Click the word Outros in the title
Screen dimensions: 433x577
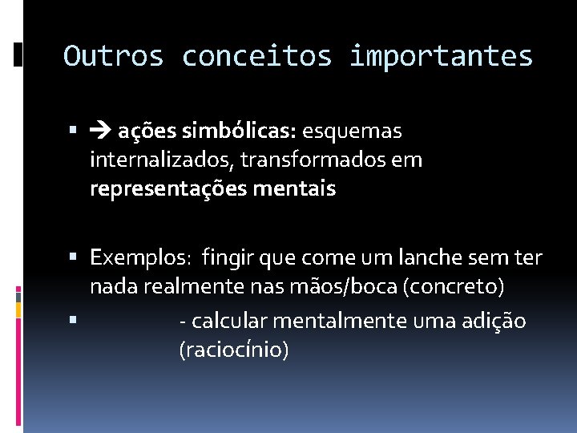113,56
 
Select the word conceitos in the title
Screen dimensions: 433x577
257,56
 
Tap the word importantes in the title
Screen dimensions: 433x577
441,56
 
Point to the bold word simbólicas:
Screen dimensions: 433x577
250,130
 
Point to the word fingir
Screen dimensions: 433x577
228,258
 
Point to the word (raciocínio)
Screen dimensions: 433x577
234,350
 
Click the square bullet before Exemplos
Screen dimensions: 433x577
73,259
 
